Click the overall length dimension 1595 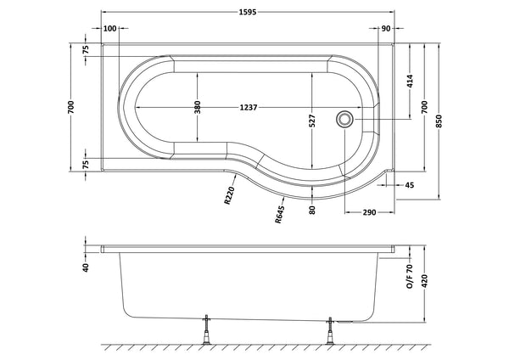tap(248, 11)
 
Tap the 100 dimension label tap(109, 29)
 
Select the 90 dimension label tap(386, 29)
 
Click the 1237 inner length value tap(248, 108)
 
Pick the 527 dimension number tap(312, 121)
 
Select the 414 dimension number tap(410, 83)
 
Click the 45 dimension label tap(410, 184)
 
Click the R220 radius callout tap(229, 198)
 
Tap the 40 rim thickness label tap(86, 268)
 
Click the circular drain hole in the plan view tap(345, 120)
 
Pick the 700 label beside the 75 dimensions tap(71, 108)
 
